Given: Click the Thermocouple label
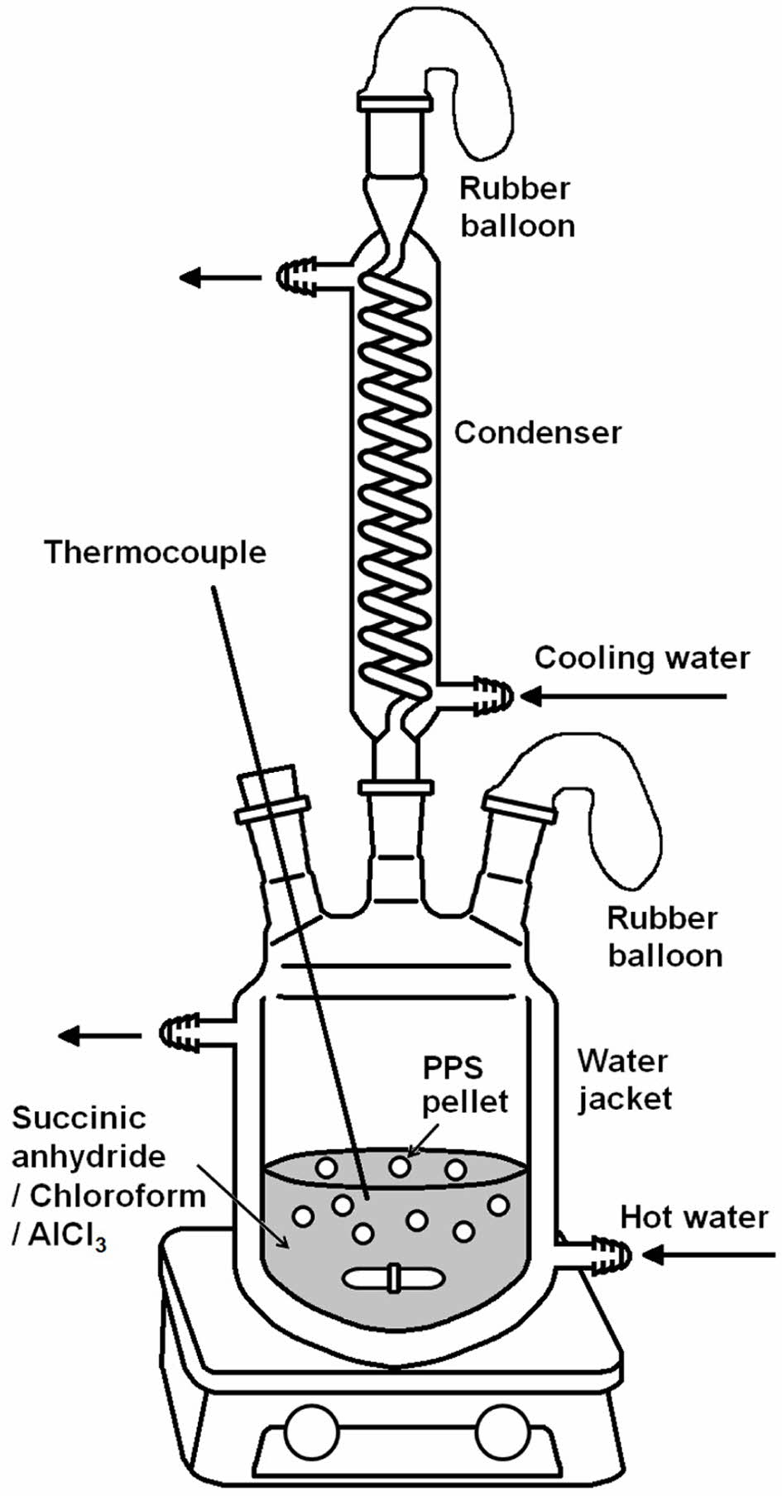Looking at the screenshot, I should tap(156, 552).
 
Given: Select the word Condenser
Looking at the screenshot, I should tap(537, 432).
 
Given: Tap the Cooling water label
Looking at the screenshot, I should tap(641, 658).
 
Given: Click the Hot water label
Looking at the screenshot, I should tap(694, 1217).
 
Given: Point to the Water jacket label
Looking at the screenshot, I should tap(623, 1080).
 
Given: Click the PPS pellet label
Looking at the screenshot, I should tap(464, 1085).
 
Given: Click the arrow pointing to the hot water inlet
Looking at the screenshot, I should tap(708, 1255).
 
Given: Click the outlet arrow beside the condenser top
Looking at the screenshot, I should tap(219, 276).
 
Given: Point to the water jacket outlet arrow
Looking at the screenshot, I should tap(99, 1034).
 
